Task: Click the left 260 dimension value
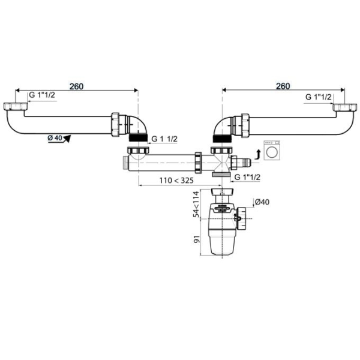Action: pyautogui.click(x=76, y=86)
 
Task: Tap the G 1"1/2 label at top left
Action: pyautogui.click(x=43, y=97)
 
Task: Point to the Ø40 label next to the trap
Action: pyautogui.click(x=262, y=202)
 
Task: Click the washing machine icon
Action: pyautogui.click(x=272, y=152)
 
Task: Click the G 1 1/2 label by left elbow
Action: pyautogui.click(x=165, y=139)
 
